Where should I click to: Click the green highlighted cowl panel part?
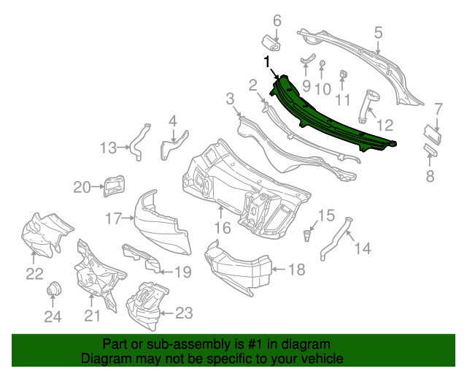(x=328, y=117)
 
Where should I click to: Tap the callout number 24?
(x=53, y=317)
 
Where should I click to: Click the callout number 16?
(x=222, y=229)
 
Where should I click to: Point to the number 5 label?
(x=378, y=32)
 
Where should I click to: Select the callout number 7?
(x=438, y=109)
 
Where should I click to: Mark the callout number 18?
(x=296, y=270)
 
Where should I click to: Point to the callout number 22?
(x=35, y=273)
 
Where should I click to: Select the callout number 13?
(x=108, y=148)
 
